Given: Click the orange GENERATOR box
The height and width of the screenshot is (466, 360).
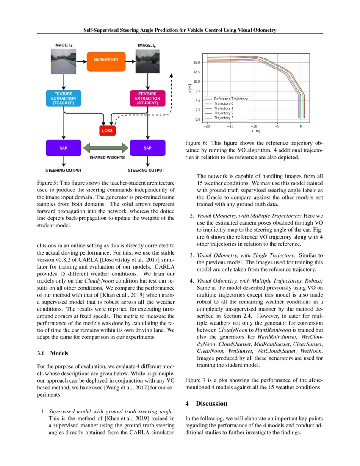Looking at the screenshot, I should (106, 60).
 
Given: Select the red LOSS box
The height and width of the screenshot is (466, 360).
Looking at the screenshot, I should (107, 131).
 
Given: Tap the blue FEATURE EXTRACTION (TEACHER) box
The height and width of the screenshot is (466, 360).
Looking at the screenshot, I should (63, 98).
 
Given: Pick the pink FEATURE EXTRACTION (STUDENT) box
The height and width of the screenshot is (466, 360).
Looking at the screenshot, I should (147, 98).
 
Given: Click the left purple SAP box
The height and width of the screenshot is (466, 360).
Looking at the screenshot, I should (63, 148).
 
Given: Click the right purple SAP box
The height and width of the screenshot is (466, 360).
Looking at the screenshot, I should (147, 148).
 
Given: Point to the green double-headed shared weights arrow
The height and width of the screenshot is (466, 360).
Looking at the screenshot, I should (105, 148).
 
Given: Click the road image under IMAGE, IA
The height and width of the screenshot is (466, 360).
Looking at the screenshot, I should (63, 59).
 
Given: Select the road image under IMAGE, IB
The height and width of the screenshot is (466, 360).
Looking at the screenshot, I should (147, 59).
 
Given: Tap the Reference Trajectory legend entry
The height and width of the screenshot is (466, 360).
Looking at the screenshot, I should (230, 99).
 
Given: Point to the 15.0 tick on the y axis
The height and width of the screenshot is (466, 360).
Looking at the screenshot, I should (196, 62).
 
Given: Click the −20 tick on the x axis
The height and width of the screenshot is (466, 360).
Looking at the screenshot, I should (207, 126).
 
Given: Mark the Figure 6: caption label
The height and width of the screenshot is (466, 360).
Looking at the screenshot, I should (198, 143).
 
